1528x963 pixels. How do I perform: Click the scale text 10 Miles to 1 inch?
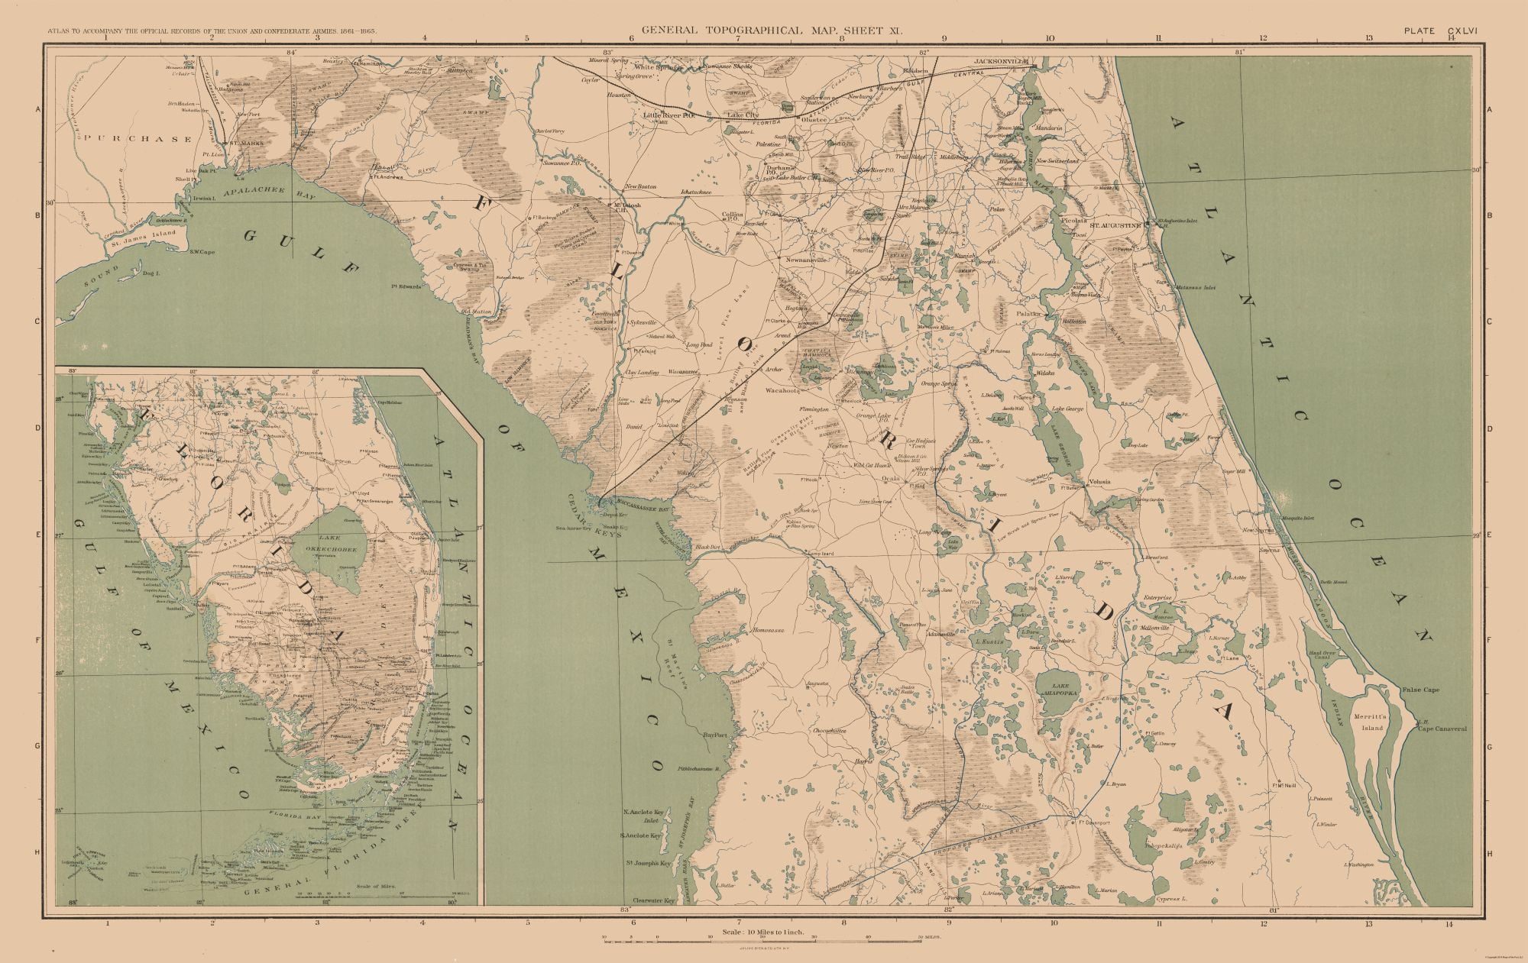tap(763, 933)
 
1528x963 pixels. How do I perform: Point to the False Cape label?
tap(1420, 690)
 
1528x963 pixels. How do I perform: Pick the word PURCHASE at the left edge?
tap(138, 139)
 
